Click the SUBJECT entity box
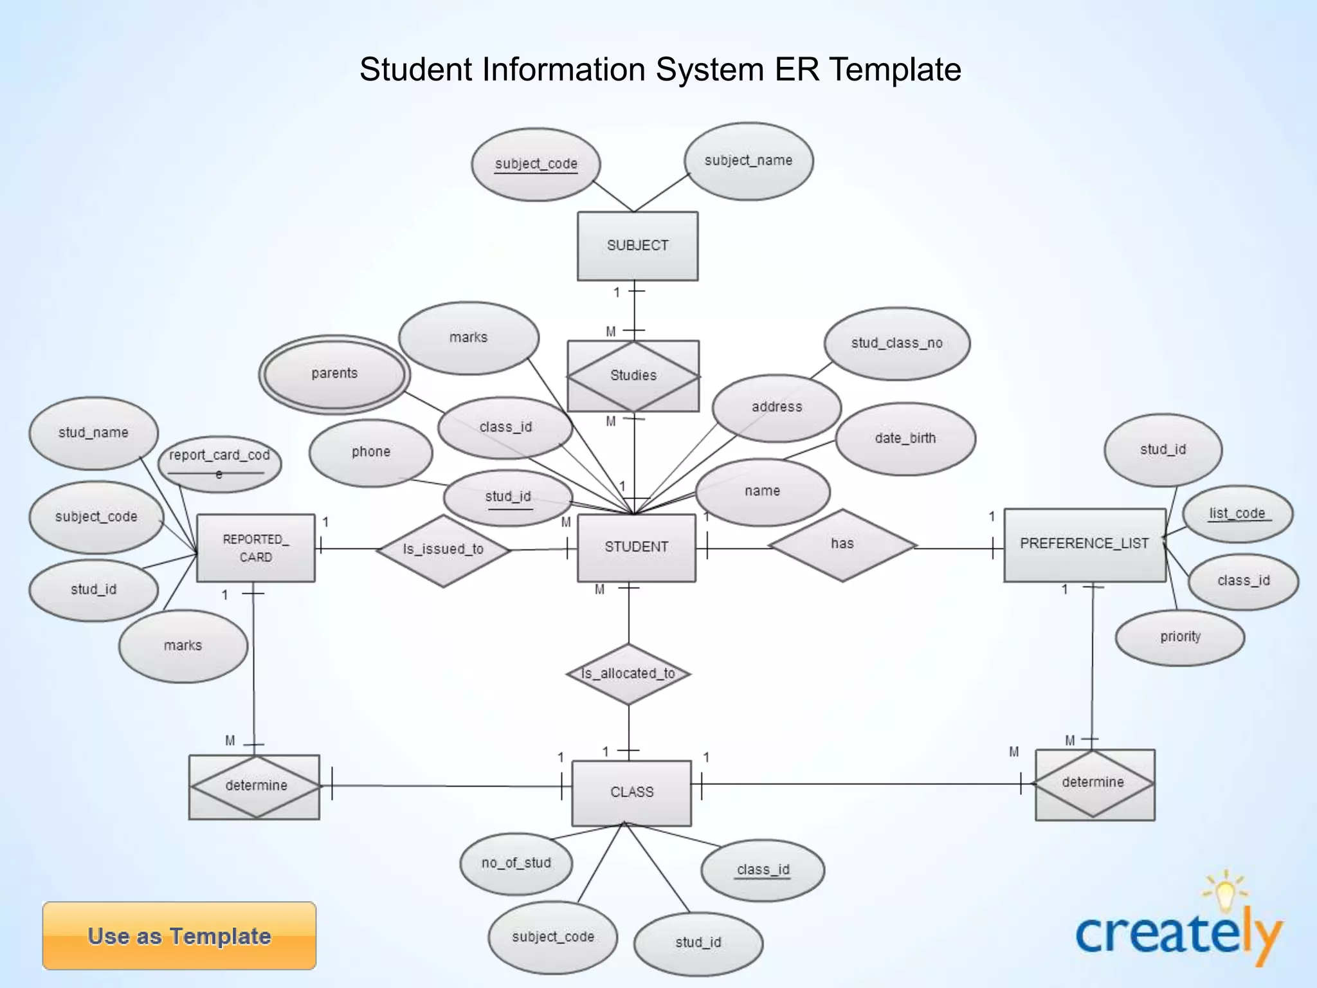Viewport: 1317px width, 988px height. tap(637, 246)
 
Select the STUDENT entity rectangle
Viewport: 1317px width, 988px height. tap(636, 547)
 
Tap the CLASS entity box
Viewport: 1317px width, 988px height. tap(631, 792)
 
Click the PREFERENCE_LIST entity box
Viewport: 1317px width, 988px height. tap(1084, 544)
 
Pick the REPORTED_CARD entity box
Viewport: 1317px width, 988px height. tap(255, 548)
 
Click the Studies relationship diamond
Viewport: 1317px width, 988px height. tap(633, 376)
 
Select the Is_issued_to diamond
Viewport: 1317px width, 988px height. tap(443, 550)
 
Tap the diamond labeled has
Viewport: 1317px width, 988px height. tap(842, 545)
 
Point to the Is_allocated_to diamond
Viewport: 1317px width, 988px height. tap(628, 674)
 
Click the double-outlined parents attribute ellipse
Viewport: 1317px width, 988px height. tap(334, 374)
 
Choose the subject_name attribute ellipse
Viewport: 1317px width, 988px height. tap(748, 161)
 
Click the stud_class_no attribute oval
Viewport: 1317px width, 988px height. tap(896, 343)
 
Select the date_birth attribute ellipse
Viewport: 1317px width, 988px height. tap(905, 439)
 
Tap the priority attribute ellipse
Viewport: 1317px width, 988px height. tap(1180, 637)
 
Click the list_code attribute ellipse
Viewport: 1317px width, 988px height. tap(1237, 513)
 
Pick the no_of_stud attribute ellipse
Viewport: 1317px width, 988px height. tap(516, 863)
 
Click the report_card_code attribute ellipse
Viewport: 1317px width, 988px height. tap(219, 463)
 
